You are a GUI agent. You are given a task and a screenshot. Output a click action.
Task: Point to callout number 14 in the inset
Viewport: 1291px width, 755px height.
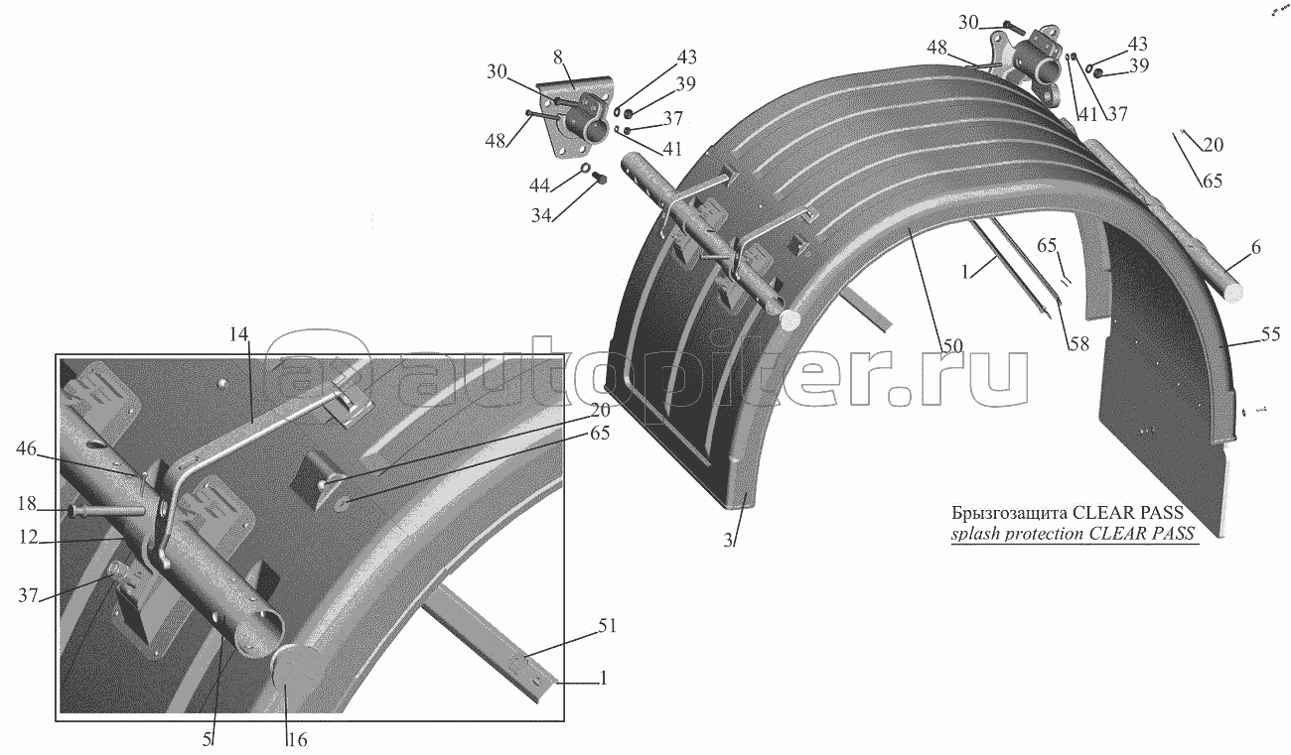coord(239,336)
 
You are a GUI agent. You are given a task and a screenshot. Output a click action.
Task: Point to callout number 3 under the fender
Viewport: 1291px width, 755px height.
coord(728,541)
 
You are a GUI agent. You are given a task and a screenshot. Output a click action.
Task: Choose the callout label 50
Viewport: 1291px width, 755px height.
coord(951,346)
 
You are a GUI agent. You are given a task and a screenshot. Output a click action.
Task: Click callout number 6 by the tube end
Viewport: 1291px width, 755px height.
coord(1255,248)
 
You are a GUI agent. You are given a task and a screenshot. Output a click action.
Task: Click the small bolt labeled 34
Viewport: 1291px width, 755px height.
coord(599,179)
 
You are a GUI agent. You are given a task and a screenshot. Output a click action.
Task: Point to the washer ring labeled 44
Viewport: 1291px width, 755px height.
coord(586,167)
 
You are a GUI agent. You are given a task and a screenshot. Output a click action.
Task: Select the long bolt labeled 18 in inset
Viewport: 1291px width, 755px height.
coord(109,510)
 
